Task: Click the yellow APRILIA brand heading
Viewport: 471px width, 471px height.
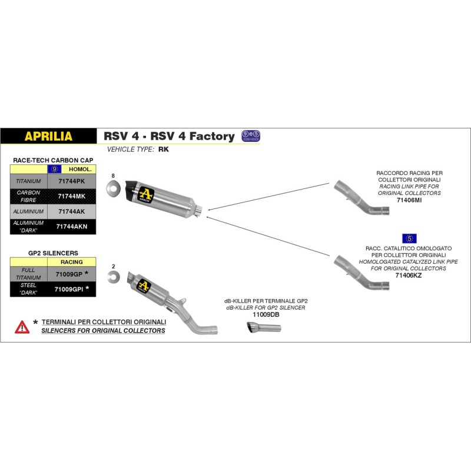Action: click(x=48, y=137)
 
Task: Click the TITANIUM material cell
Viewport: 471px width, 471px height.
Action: click(x=28, y=182)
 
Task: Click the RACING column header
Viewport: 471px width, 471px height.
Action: click(x=71, y=262)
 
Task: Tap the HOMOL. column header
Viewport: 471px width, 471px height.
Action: click(x=78, y=169)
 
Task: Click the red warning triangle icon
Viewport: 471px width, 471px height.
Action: click(x=22, y=326)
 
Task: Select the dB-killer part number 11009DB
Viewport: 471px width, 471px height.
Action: click(x=266, y=315)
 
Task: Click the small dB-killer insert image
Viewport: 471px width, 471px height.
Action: click(x=264, y=330)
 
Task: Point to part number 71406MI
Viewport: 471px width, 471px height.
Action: click(x=409, y=201)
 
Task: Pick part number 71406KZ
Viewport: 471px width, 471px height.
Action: click(x=409, y=275)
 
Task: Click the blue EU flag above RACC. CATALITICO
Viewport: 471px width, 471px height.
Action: click(x=409, y=238)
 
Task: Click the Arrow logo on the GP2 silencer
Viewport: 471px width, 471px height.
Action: click(x=144, y=286)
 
